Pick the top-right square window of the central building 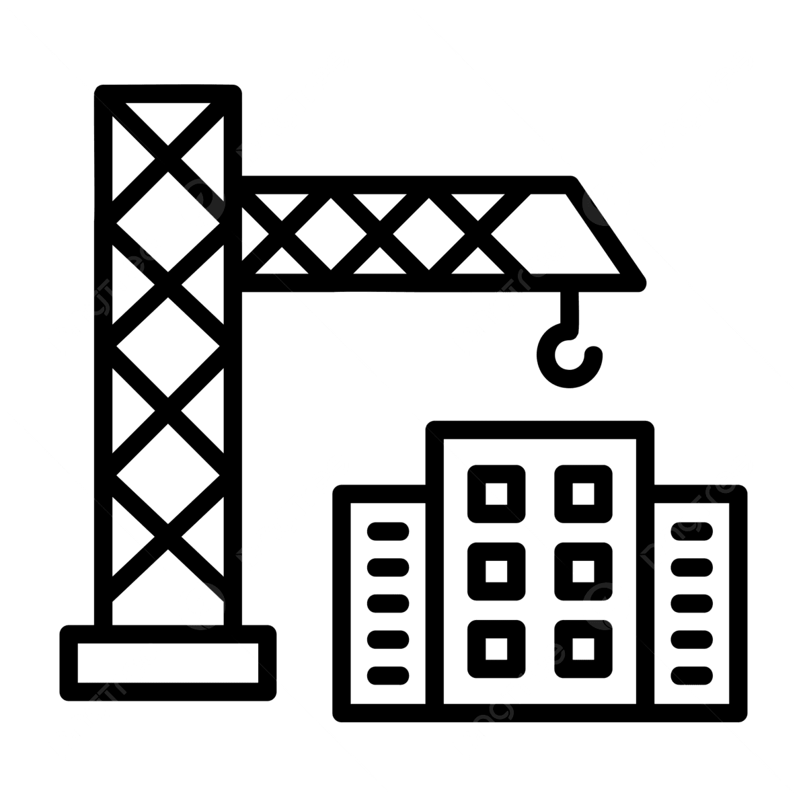583,494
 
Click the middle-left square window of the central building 496,571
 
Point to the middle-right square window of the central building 583,571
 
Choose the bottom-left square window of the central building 496,648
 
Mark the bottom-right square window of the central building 583,648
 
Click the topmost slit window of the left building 388,531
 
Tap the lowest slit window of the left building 388,674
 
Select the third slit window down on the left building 388,603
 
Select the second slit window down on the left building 388,567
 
